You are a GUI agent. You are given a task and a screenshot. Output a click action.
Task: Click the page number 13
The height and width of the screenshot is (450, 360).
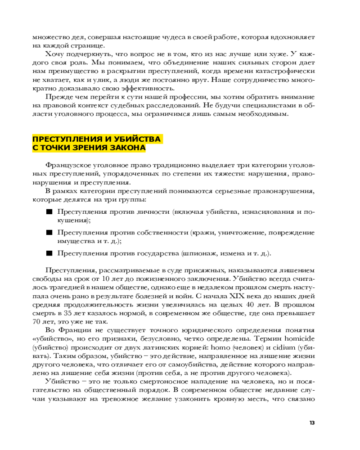tap(312, 423)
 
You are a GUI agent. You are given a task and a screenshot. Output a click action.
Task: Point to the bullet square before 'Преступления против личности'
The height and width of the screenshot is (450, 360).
tap(49, 212)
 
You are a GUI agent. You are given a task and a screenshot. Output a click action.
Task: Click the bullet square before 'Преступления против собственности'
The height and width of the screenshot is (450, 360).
tap(49, 233)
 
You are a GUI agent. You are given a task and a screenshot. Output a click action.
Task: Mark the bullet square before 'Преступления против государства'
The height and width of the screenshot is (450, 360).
tap(49, 253)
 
